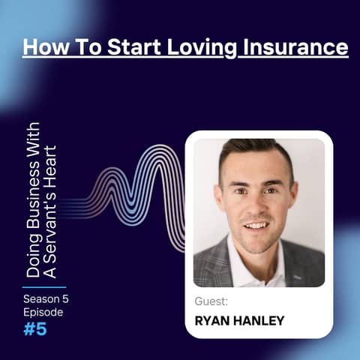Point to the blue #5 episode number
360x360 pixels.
(x=34, y=328)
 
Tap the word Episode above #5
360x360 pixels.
(x=43, y=312)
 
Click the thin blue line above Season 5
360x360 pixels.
(x=43, y=286)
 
